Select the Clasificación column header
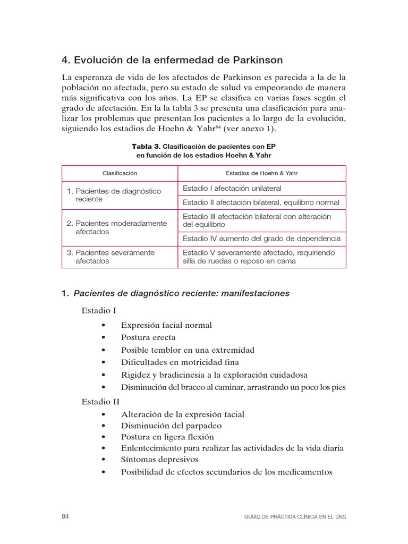[x=120, y=173]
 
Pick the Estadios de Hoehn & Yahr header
[x=262, y=173]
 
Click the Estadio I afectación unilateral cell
[x=232, y=188]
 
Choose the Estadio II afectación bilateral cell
[x=261, y=202]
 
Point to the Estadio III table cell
[x=257, y=220]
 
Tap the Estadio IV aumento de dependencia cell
[x=261, y=239]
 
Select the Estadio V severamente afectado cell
[x=259, y=257]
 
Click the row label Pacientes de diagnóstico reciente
[x=114, y=195]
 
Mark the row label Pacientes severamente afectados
[x=110, y=257]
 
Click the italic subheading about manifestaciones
[x=181, y=294]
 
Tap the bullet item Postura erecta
[x=148, y=337]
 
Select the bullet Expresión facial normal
[x=166, y=325]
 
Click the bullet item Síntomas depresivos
[x=159, y=459]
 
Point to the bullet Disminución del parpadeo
[x=171, y=425]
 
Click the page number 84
[x=66, y=516]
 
